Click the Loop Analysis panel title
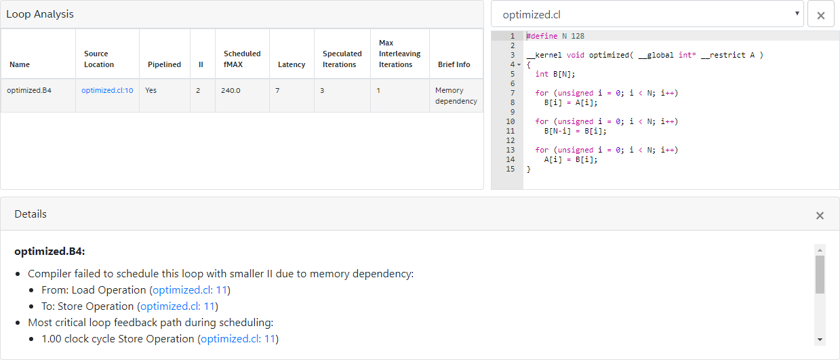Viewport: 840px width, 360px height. [x=40, y=14]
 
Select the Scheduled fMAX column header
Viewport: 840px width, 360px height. [x=242, y=59]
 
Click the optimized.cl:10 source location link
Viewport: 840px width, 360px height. [x=107, y=90]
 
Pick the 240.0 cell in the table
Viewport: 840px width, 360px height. [x=231, y=90]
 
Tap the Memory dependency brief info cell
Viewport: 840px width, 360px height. [x=456, y=96]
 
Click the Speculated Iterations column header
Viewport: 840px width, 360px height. [x=342, y=59]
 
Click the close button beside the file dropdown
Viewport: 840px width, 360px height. [x=820, y=15]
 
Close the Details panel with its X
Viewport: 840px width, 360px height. [x=820, y=216]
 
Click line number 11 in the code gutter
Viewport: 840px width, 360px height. [x=510, y=131]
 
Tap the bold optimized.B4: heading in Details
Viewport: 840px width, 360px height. [x=49, y=252]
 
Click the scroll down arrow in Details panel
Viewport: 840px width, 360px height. [x=820, y=339]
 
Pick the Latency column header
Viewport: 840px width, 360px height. [x=292, y=64]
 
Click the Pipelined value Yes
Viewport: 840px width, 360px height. [x=151, y=90]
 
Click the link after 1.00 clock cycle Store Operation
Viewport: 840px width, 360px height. [x=237, y=338]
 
